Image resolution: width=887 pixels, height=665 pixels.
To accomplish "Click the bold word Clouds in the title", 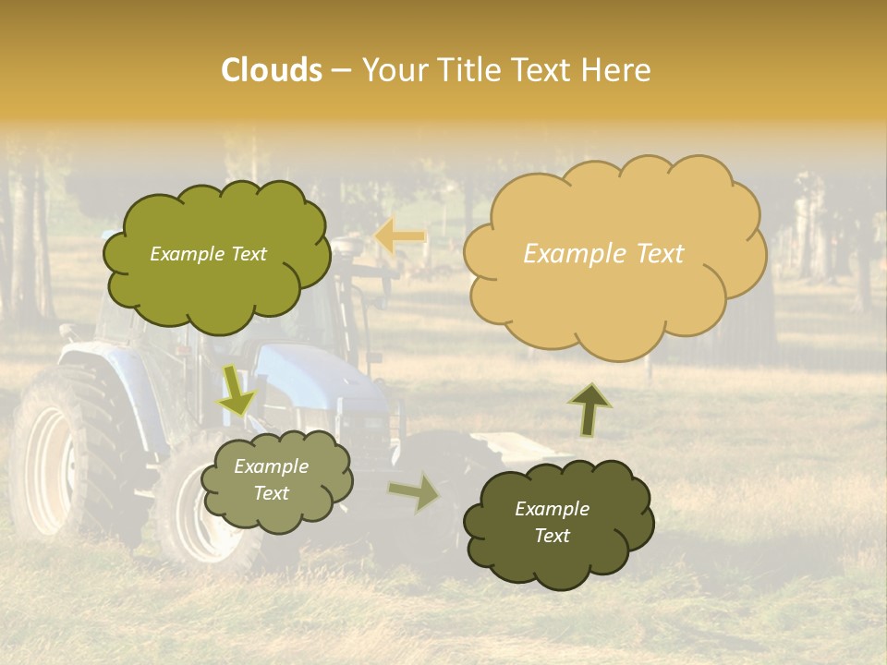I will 271,70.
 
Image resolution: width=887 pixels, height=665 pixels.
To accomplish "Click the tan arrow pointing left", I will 400,237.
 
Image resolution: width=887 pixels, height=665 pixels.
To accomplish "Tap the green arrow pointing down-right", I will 237,390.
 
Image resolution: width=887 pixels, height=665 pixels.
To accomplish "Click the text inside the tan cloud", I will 603,254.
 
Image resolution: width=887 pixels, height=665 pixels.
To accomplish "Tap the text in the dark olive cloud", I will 552,522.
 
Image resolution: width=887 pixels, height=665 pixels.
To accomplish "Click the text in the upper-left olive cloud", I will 208,254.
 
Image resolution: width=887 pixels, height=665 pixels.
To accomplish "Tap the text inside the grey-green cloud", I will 271,479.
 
